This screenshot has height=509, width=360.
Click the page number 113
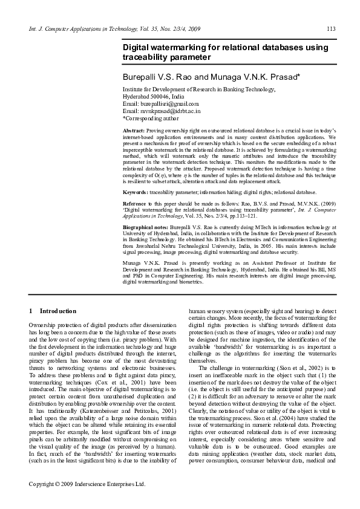pos(331,28)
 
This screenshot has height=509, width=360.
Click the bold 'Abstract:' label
pos(134,131)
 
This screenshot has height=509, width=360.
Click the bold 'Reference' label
pos(135,204)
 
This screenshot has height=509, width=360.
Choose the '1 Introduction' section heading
pos(53,311)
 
